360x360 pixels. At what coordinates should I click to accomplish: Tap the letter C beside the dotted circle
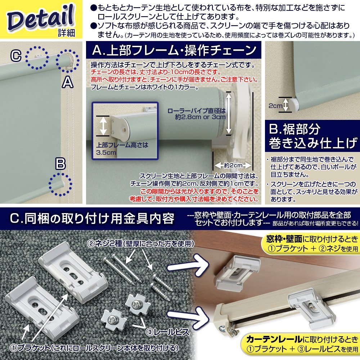click(16, 56)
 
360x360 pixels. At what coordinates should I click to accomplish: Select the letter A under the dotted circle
click(68, 82)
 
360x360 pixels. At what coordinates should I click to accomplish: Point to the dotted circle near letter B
click(60, 184)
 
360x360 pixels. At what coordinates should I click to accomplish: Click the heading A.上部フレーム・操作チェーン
click(174, 50)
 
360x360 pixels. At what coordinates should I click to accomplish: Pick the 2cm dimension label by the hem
click(275, 106)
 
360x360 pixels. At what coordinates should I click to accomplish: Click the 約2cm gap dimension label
click(233, 165)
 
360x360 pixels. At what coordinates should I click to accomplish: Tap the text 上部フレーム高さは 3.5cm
click(122, 149)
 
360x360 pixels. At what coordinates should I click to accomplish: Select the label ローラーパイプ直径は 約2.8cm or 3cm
click(197, 114)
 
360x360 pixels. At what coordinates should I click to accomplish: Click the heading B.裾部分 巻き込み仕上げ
click(313, 136)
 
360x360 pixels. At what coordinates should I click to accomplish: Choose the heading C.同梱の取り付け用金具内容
click(92, 219)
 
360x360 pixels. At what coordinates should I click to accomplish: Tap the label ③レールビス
click(167, 332)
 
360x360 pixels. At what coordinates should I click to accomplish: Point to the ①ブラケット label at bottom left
click(30, 348)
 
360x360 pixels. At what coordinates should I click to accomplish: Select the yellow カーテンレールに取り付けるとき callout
click(301, 344)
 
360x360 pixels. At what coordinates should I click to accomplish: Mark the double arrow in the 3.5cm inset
click(103, 126)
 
